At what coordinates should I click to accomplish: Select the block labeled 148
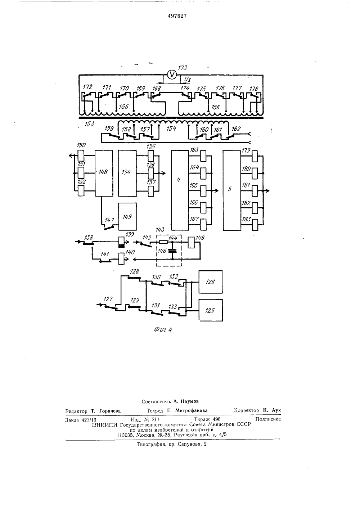click(104, 173)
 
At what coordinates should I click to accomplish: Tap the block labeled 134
click(127, 173)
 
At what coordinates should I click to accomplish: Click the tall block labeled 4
click(180, 190)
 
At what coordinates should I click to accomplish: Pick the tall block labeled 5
click(231, 190)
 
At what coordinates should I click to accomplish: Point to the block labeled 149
click(127, 216)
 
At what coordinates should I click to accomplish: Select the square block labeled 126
click(211, 282)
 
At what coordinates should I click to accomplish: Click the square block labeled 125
click(211, 310)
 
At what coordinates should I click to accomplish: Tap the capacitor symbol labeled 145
click(172, 251)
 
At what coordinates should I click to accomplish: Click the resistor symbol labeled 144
click(163, 242)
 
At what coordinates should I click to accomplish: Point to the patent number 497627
click(177, 16)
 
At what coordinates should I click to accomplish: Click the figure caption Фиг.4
click(163, 330)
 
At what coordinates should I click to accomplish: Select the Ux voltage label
click(188, 79)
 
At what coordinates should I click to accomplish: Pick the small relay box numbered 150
click(81, 156)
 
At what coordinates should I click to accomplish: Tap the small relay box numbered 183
click(255, 225)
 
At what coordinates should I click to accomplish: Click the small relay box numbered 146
click(192, 243)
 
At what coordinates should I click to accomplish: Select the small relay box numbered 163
click(203, 156)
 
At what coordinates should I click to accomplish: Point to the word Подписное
click(268, 419)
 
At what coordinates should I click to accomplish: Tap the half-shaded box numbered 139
click(122, 243)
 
